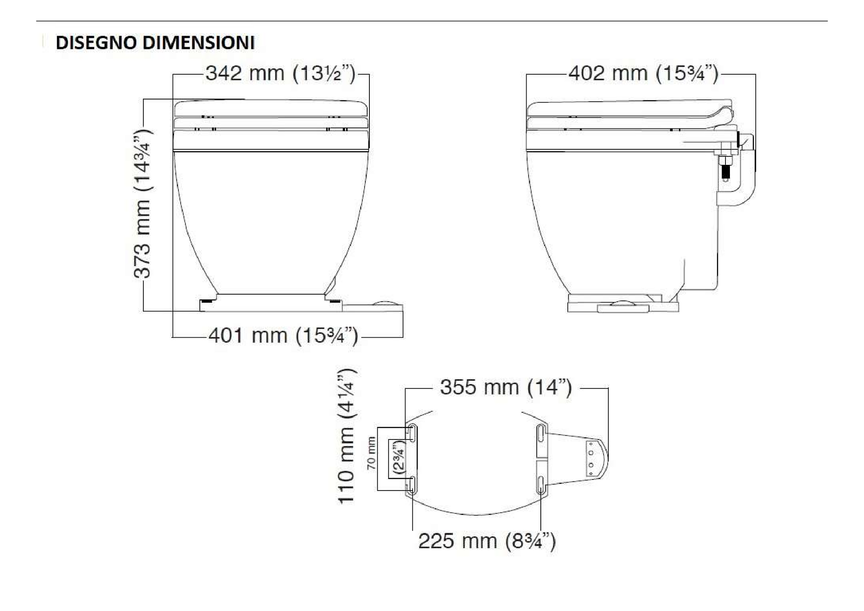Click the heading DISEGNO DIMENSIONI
[x=155, y=43]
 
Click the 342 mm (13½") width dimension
[x=281, y=73]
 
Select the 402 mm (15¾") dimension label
[x=643, y=73]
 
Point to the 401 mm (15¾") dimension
[x=283, y=335]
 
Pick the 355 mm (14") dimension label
[x=506, y=387]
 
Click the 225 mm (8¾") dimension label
[x=487, y=541]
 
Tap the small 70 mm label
[x=371, y=453]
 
